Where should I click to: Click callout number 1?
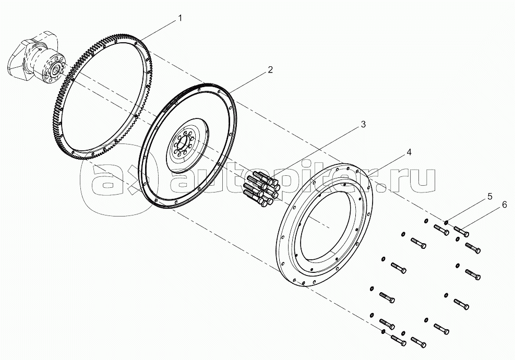[x=179, y=18]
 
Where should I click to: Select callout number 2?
[x=270, y=70]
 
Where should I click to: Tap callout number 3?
[x=363, y=124]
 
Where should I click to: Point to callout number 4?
[x=409, y=152]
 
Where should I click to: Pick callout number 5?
[x=490, y=196]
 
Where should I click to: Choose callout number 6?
[x=505, y=205]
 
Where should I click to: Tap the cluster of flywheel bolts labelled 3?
[x=261, y=188]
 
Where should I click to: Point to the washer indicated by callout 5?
[x=446, y=223]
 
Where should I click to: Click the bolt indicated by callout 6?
[x=461, y=231]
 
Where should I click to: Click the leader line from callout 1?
[x=158, y=31]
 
